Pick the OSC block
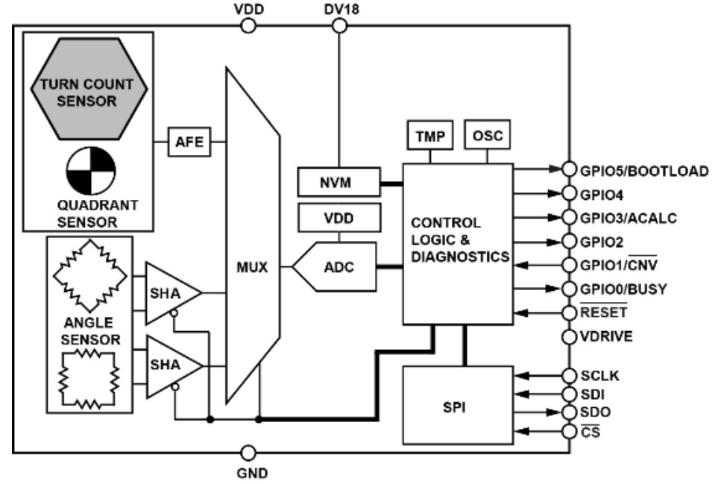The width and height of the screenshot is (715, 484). click(x=487, y=136)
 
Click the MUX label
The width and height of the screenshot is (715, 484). click(x=252, y=265)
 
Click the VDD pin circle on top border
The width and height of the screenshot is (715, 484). click(x=249, y=26)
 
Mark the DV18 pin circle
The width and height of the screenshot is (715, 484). click(x=338, y=26)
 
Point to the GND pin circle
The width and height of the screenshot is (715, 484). click(x=249, y=452)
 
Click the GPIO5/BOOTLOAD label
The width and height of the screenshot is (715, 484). click(x=643, y=170)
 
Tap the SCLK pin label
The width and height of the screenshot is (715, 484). click(x=601, y=374)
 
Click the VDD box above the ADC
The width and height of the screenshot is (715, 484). click(x=338, y=218)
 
